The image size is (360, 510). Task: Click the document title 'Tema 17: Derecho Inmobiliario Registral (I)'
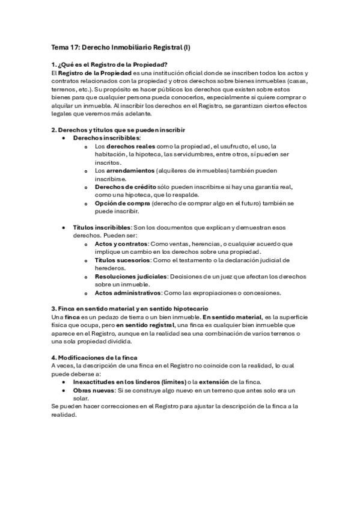[x=124, y=48]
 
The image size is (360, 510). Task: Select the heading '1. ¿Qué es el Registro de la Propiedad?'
[x=110, y=65]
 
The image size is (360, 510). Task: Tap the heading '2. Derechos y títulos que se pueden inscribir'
[x=118, y=130]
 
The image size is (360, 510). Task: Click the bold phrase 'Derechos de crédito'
[x=124, y=187]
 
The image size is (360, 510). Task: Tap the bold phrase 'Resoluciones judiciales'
[x=132, y=277]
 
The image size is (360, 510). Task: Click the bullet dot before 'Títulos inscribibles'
[x=64, y=228]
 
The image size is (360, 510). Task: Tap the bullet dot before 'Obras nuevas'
[x=64, y=390]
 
